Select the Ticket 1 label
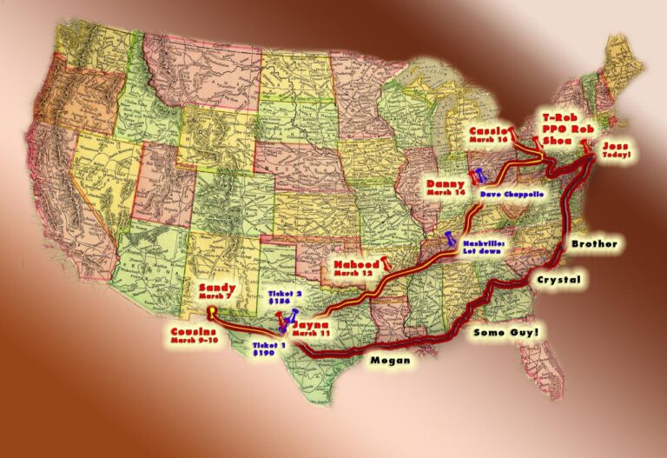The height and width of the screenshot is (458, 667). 266,345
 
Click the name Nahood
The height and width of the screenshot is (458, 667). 354,262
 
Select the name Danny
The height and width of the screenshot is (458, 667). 446,183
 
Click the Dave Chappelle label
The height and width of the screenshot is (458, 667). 512,195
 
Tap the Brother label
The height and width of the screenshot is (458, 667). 594,244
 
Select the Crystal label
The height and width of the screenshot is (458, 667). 558,280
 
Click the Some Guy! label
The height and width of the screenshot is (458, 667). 505,332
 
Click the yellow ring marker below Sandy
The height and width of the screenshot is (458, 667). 212,305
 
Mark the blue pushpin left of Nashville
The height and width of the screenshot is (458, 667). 450,238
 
